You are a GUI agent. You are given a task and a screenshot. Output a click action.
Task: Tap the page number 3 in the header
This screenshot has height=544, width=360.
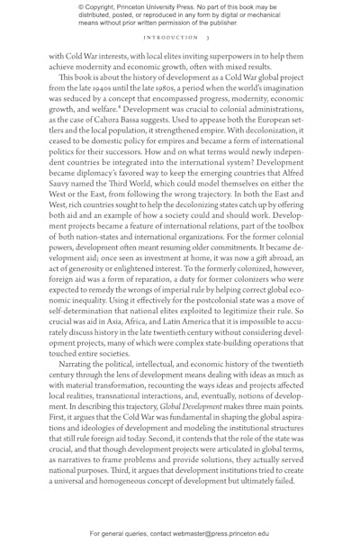(207, 38)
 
